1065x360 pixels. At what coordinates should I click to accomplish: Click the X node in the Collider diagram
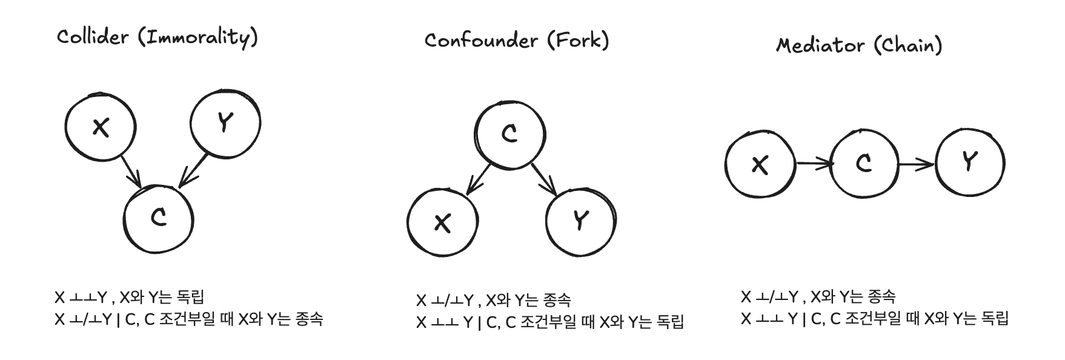tap(100, 127)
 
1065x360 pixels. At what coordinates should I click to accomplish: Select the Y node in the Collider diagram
tap(225, 124)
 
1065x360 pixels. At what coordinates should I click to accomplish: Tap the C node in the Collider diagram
tap(159, 218)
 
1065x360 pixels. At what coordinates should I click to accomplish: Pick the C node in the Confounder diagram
tap(509, 135)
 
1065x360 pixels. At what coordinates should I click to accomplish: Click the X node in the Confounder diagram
tap(443, 223)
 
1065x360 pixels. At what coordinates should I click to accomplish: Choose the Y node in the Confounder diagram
tap(581, 221)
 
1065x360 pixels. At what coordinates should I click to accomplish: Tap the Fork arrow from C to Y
tap(544, 179)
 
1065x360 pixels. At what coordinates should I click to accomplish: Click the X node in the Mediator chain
tap(760, 164)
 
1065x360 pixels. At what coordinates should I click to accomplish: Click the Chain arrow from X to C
tap(813, 163)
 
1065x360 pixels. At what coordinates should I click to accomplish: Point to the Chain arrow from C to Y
tap(916, 164)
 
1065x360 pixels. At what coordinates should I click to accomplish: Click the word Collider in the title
tap(93, 37)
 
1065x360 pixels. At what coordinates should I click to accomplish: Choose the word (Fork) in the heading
tap(578, 41)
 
